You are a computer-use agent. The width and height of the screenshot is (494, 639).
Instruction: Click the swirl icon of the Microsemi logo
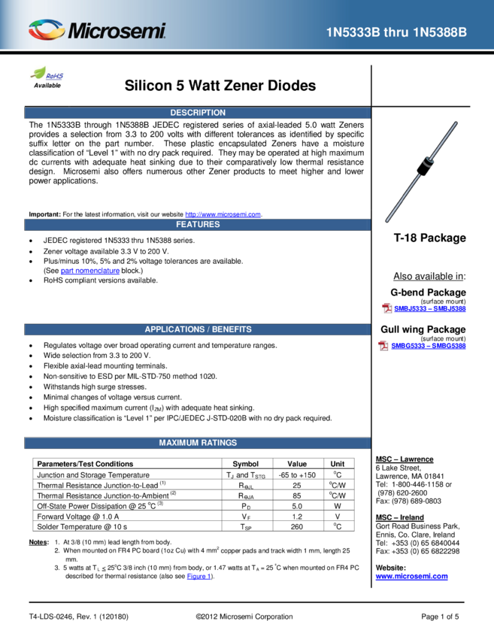tap(47, 30)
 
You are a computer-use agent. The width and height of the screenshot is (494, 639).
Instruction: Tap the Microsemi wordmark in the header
tap(117, 32)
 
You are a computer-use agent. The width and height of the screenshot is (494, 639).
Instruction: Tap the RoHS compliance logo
tap(47, 74)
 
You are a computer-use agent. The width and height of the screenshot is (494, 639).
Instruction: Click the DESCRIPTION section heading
tap(198, 113)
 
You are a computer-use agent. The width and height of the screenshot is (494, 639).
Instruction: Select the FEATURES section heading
tap(198, 225)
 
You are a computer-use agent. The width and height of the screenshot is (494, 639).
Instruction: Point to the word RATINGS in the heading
tap(220, 443)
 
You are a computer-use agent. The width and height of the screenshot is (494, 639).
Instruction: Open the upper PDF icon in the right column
tap(387, 308)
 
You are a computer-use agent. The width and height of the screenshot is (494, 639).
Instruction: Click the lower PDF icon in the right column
tap(383, 346)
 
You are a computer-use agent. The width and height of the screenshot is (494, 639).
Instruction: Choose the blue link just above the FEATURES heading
tap(223, 214)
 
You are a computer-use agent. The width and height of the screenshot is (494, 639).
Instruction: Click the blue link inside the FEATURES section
tap(89, 271)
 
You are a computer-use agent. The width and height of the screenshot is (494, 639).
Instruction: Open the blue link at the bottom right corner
tap(411, 577)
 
